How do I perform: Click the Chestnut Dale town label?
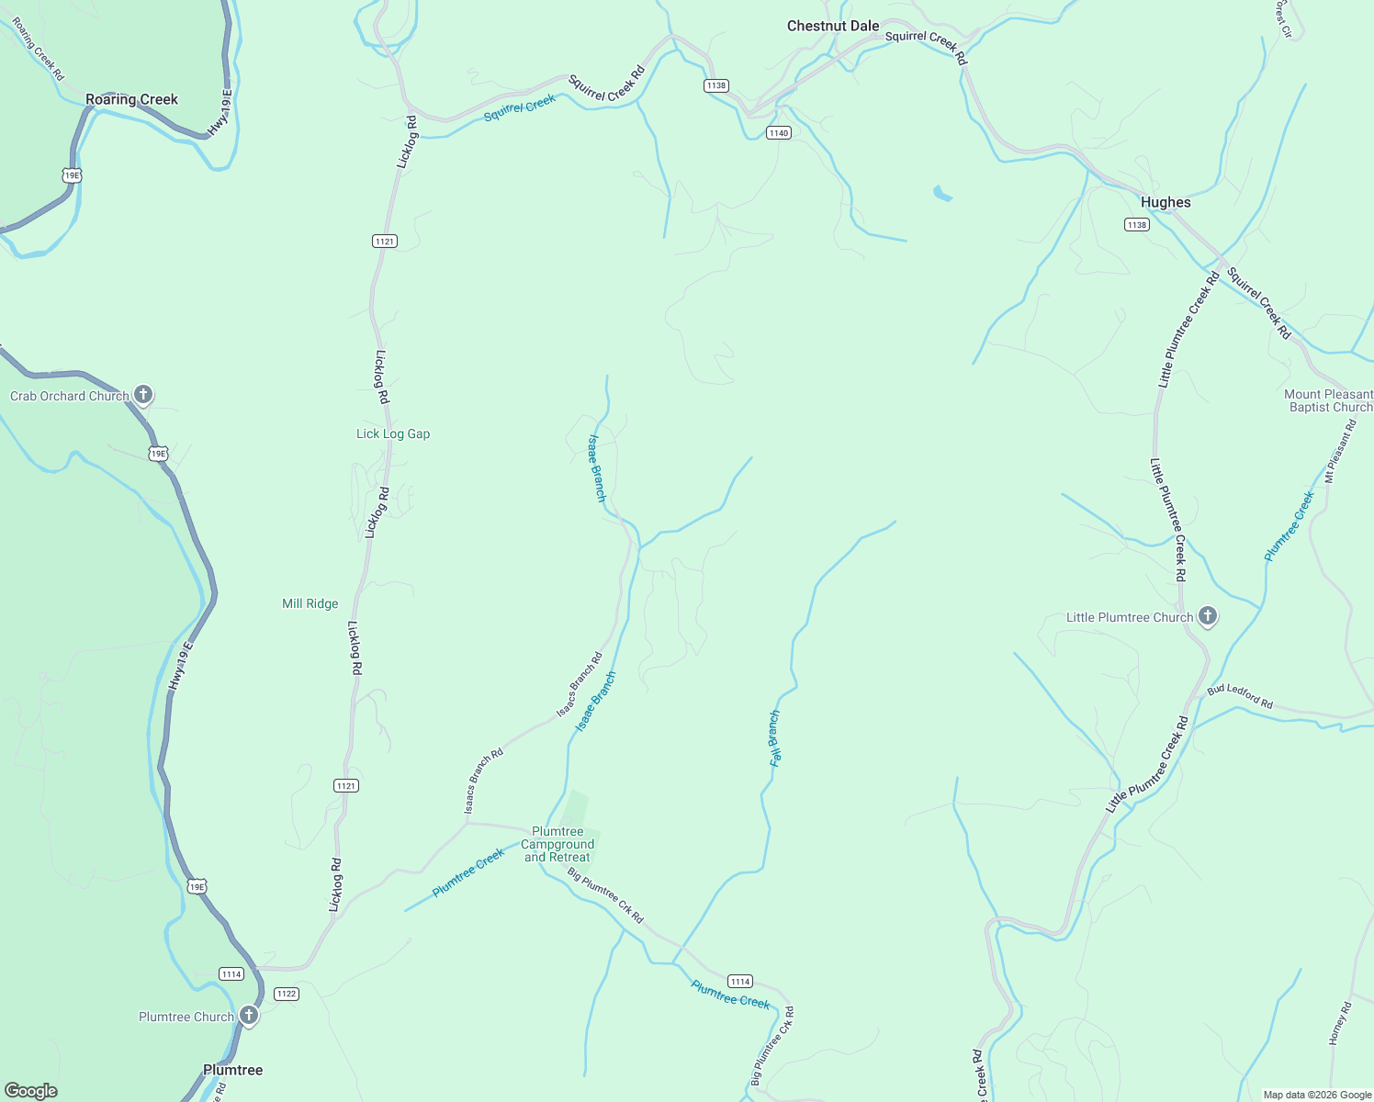[x=832, y=26]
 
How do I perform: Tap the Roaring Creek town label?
[x=131, y=99]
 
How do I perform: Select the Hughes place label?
[x=1165, y=202]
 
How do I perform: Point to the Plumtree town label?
[x=232, y=1070]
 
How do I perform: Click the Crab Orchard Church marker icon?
[x=142, y=395]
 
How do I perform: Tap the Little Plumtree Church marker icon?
[x=1208, y=616]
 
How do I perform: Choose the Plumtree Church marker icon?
[x=248, y=1015]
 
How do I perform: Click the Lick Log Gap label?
[x=393, y=433]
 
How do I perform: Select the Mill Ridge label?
[x=310, y=603]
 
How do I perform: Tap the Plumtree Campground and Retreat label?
[x=557, y=844]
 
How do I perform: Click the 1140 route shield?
[x=779, y=133]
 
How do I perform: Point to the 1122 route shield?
[x=287, y=994]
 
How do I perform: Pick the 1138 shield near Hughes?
[x=1137, y=225]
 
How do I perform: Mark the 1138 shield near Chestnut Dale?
[x=716, y=85]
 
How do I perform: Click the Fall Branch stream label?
[x=774, y=738]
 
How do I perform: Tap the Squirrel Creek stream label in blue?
[x=520, y=108]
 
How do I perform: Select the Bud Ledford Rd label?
[x=1240, y=697]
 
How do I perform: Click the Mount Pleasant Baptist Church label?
[x=1328, y=400]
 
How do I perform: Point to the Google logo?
[x=31, y=1090]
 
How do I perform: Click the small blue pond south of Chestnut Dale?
[x=942, y=194]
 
